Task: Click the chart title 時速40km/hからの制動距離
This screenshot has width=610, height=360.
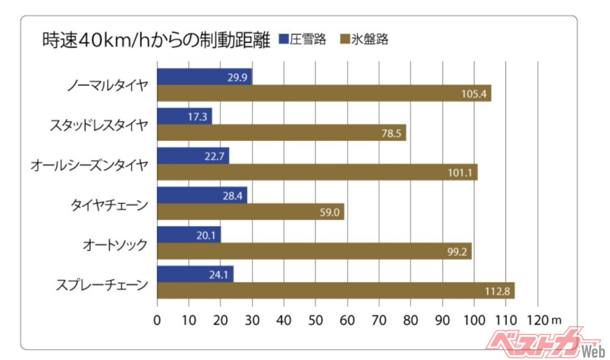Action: [156, 40]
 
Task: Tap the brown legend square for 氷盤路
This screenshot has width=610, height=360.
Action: [342, 40]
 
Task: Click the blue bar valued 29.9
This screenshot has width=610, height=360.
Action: [204, 77]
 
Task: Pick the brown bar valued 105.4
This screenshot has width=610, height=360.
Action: [324, 93]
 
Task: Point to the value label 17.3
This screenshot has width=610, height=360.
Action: [198, 117]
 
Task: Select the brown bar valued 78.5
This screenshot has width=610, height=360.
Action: [281, 133]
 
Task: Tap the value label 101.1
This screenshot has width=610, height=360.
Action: [459, 173]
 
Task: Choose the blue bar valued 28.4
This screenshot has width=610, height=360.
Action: [202, 195]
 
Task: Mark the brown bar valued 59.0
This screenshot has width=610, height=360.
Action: [251, 212]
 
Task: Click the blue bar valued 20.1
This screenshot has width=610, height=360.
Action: [188, 235]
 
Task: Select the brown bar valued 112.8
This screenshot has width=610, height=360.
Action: [335, 290]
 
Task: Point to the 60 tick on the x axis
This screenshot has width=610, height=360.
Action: [347, 319]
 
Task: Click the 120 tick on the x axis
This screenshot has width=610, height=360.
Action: [537, 319]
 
